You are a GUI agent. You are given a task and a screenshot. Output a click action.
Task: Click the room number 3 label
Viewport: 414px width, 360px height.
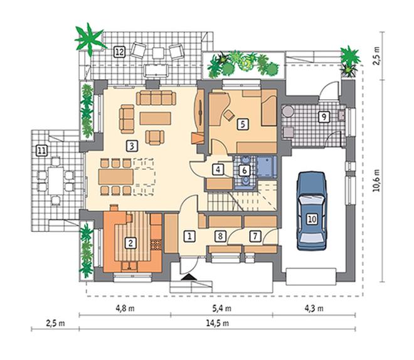(x=132, y=146)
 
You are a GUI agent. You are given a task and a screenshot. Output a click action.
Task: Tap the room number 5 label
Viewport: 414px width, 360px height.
(x=243, y=124)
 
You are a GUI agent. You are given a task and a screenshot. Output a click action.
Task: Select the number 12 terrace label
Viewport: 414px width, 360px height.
(x=119, y=52)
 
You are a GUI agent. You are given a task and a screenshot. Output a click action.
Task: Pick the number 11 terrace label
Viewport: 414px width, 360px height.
(x=41, y=151)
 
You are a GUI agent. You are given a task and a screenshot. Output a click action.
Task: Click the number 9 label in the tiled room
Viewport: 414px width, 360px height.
(x=324, y=117)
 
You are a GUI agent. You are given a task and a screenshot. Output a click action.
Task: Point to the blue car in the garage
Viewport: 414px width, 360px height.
(x=312, y=211)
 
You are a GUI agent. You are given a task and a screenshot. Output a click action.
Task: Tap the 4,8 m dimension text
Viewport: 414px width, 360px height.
(x=125, y=309)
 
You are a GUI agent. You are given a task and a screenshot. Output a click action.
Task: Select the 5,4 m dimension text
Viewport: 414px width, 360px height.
(x=222, y=309)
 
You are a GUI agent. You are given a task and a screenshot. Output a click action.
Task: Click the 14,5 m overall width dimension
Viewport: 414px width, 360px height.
(x=218, y=323)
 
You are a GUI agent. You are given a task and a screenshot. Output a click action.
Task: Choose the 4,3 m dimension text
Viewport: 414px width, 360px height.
(x=314, y=309)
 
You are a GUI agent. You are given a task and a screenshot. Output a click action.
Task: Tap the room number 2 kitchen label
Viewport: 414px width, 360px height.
(x=130, y=243)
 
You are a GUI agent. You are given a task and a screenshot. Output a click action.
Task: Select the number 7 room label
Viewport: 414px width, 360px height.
(x=255, y=236)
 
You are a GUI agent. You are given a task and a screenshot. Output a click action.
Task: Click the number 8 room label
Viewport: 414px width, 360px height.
(x=220, y=236)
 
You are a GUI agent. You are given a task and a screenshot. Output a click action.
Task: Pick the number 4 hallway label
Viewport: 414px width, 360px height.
(x=218, y=170)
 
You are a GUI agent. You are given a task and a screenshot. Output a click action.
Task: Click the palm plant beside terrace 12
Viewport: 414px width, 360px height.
(x=90, y=40)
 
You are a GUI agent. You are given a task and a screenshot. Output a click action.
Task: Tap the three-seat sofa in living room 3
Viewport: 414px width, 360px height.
(x=156, y=98)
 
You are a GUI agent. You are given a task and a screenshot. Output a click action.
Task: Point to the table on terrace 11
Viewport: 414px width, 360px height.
(x=56, y=181)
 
